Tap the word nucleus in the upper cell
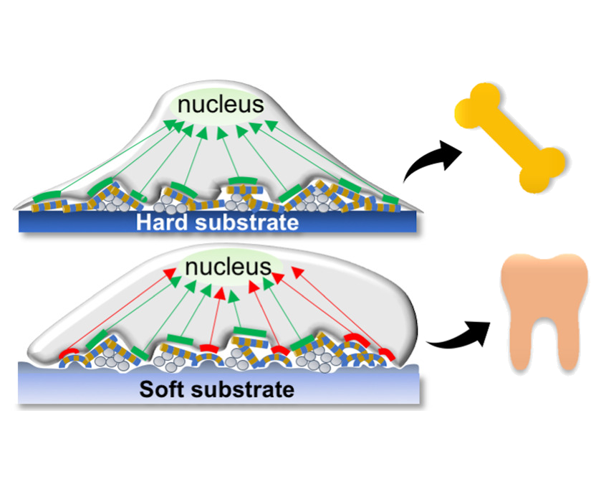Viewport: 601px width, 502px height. pos(221,105)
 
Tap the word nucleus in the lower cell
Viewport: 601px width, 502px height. pos(228,268)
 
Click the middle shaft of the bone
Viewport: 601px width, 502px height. pos(510,138)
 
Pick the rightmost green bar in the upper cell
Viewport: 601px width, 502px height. pos(390,199)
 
